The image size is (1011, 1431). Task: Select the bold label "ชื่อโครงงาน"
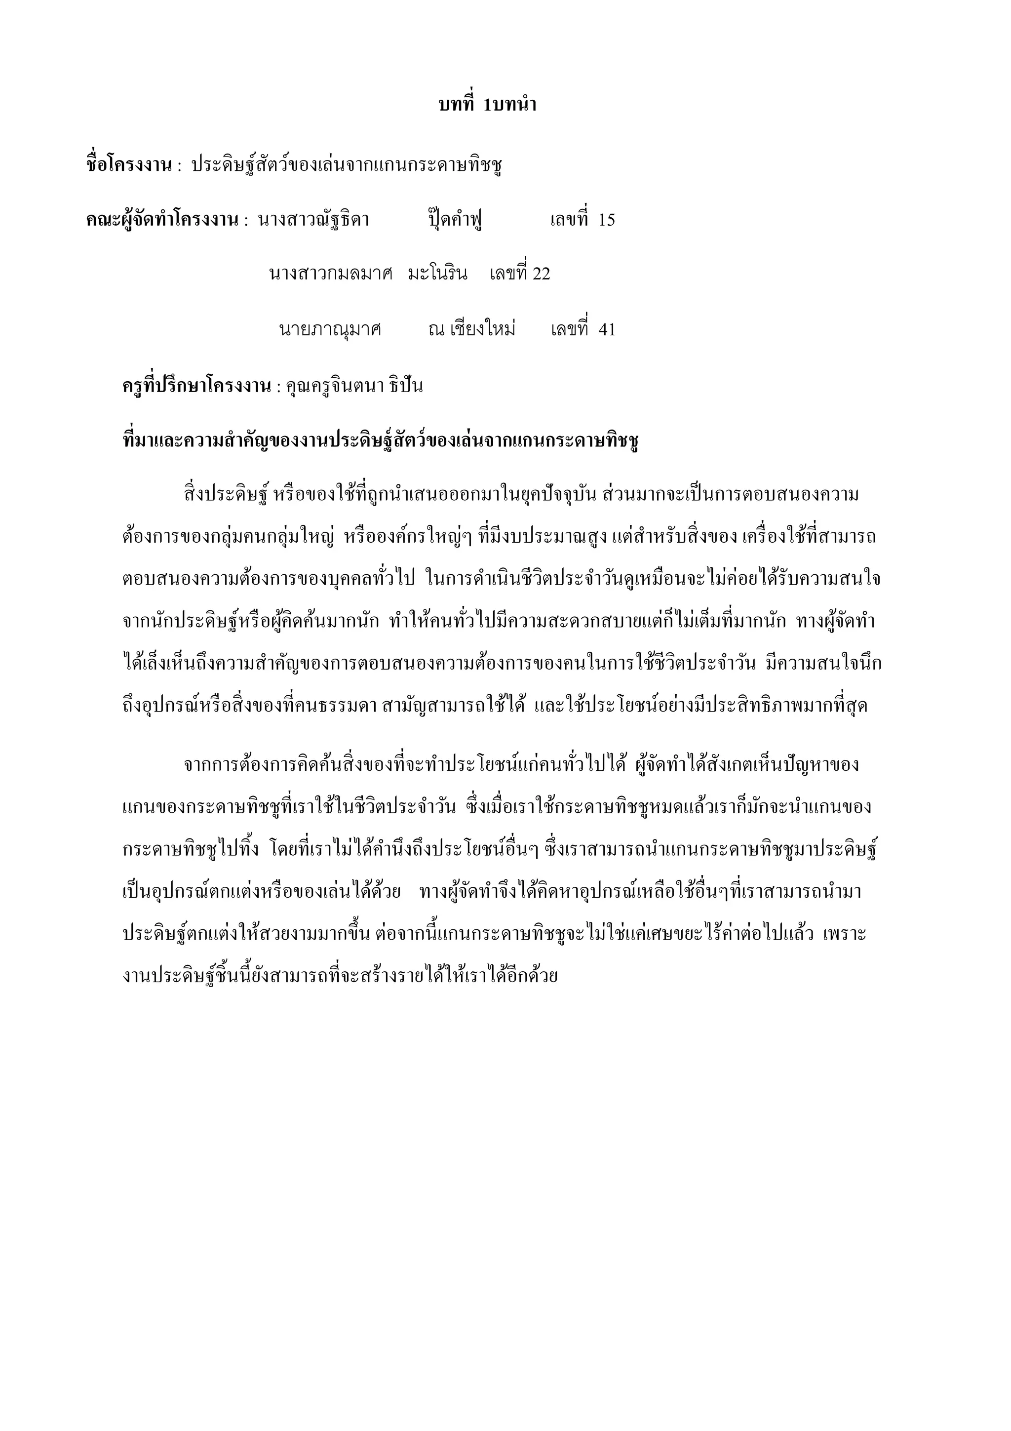click(128, 165)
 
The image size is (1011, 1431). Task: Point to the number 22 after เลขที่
click(541, 274)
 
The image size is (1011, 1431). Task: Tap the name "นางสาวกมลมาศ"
click(331, 274)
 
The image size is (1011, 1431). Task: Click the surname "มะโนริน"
click(437, 274)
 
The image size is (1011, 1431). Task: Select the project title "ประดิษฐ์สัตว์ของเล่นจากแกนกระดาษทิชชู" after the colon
click(347, 165)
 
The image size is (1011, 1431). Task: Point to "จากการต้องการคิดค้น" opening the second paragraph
click(262, 764)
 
